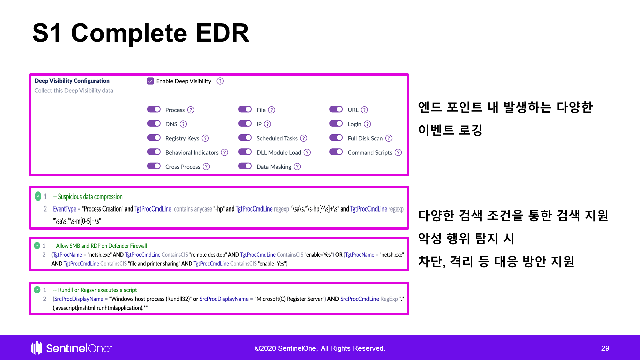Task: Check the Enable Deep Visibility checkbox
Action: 150,81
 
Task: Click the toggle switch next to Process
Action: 154,109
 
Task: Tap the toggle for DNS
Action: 154,124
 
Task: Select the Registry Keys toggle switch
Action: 154,138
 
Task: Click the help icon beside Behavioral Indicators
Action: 225,152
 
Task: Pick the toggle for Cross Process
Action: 154,166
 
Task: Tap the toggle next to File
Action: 245,109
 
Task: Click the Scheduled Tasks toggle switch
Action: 245,138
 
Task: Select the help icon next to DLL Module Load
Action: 307,152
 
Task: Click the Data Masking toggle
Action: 245,166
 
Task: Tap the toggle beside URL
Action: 336,109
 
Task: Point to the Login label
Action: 354,124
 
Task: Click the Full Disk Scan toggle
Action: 336,138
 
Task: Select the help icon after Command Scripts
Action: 398,152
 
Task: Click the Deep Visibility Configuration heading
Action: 72,81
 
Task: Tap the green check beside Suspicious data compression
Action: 38,196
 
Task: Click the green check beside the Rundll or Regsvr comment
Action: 37,290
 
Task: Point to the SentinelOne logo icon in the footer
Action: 37,348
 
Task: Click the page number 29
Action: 605,348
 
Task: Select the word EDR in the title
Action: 222,33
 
